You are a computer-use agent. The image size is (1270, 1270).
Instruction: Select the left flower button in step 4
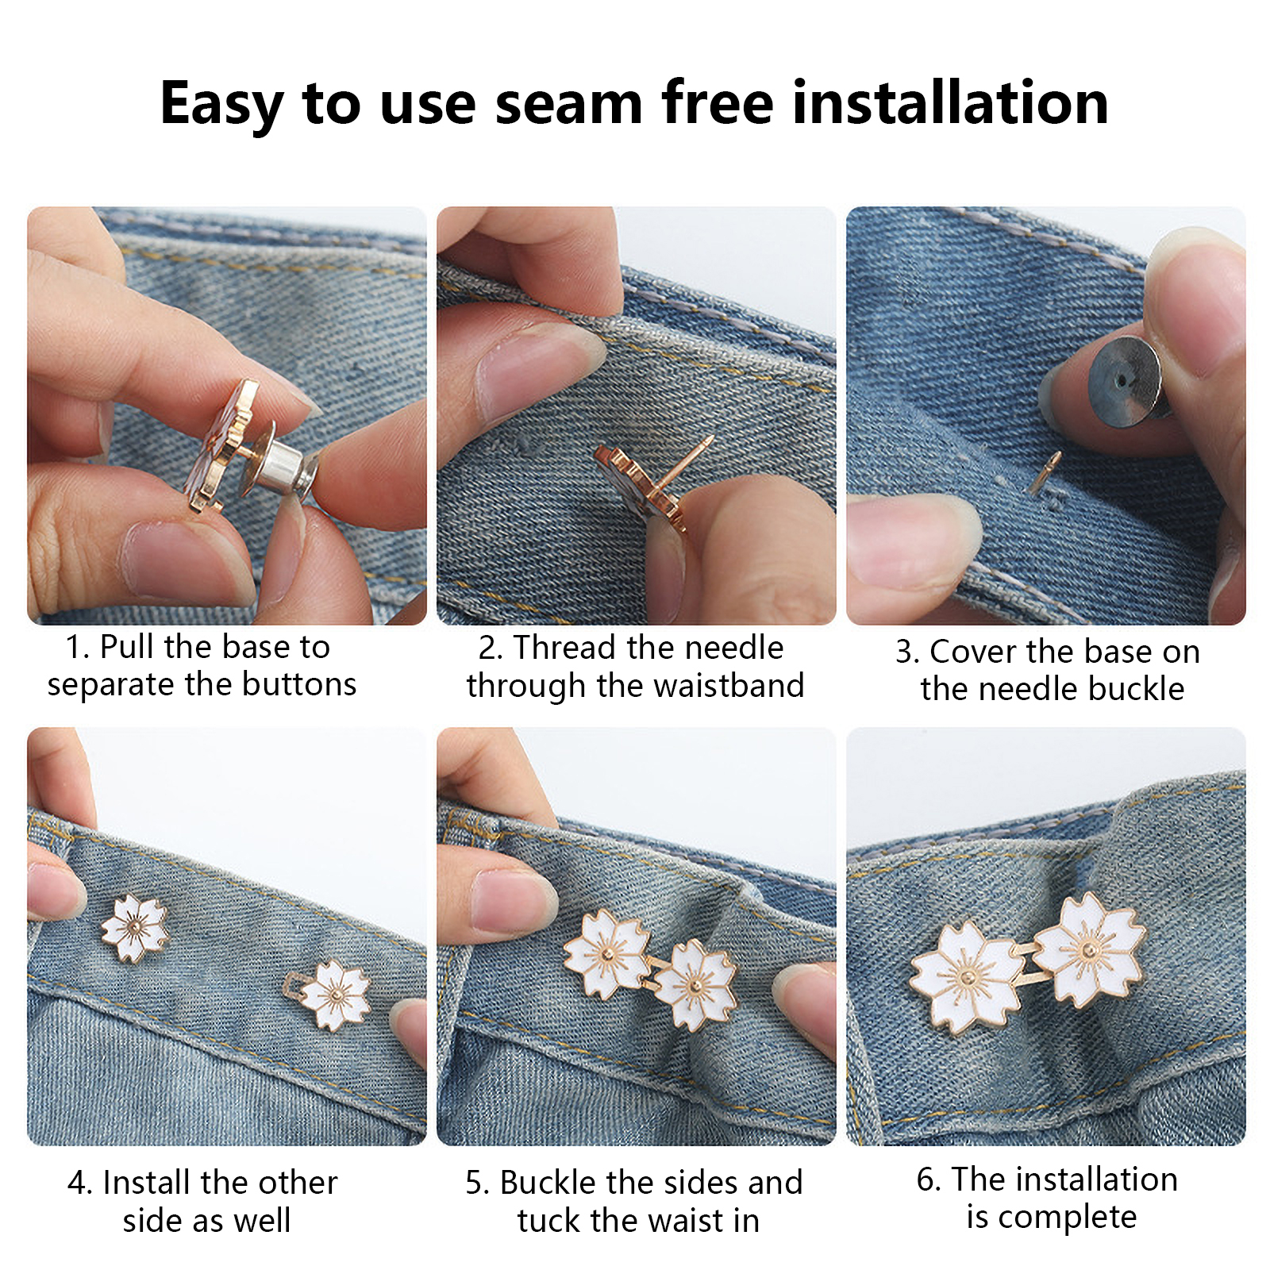point(135,927)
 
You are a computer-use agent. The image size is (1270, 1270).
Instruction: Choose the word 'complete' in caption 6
point(1067,1217)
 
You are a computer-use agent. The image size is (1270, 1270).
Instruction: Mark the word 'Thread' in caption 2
point(565,648)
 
